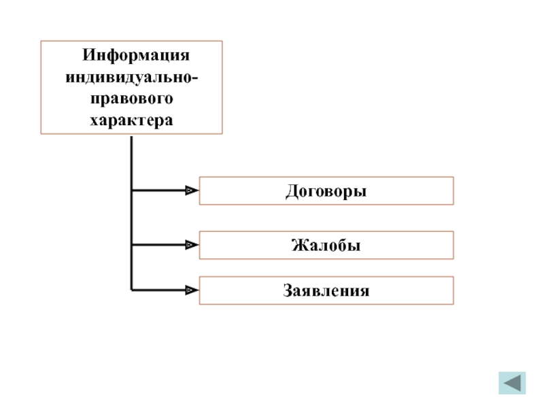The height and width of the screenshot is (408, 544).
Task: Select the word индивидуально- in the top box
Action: tap(132, 77)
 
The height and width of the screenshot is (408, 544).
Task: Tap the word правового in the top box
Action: tap(132, 99)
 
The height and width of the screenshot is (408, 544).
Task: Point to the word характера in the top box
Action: tap(132, 121)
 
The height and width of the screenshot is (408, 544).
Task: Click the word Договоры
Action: tap(326, 191)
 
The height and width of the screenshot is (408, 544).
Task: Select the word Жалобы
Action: tap(326, 245)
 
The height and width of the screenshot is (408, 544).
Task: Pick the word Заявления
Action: tap(326, 290)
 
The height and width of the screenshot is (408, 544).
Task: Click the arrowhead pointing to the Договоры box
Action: tap(191, 191)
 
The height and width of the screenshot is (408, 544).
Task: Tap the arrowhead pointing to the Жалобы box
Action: tap(191, 245)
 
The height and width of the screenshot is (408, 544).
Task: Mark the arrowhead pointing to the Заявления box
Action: tap(191, 290)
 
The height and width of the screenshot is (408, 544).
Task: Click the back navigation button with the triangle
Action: tap(512, 384)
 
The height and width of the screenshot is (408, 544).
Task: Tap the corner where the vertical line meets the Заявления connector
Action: tap(131, 290)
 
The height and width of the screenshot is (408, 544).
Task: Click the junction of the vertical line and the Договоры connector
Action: tap(131, 191)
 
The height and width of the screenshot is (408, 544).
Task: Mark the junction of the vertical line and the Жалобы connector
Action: tap(131, 245)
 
